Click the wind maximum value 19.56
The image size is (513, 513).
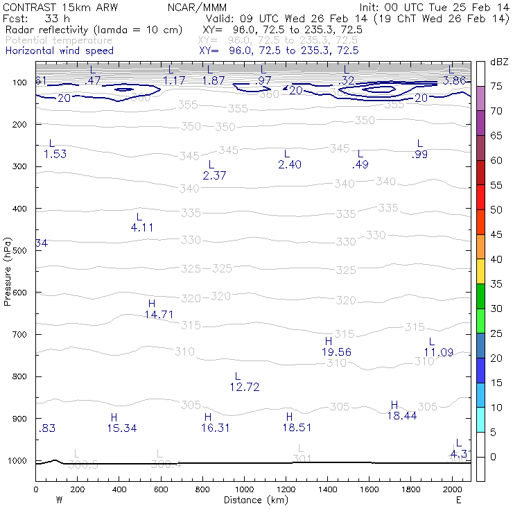click(336, 352)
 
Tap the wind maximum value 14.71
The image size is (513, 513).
click(159, 315)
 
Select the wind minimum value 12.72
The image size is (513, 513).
click(244, 387)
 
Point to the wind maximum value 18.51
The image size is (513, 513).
click(296, 428)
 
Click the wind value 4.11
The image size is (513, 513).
click(142, 227)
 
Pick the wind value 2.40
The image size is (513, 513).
click(289, 164)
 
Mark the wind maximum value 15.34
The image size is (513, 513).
click(122, 428)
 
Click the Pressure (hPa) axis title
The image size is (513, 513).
click(8, 271)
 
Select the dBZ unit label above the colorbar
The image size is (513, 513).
click(498, 62)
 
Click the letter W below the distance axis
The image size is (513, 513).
click(58, 500)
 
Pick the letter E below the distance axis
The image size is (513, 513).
click(458, 500)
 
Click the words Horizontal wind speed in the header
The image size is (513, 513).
click(59, 51)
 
